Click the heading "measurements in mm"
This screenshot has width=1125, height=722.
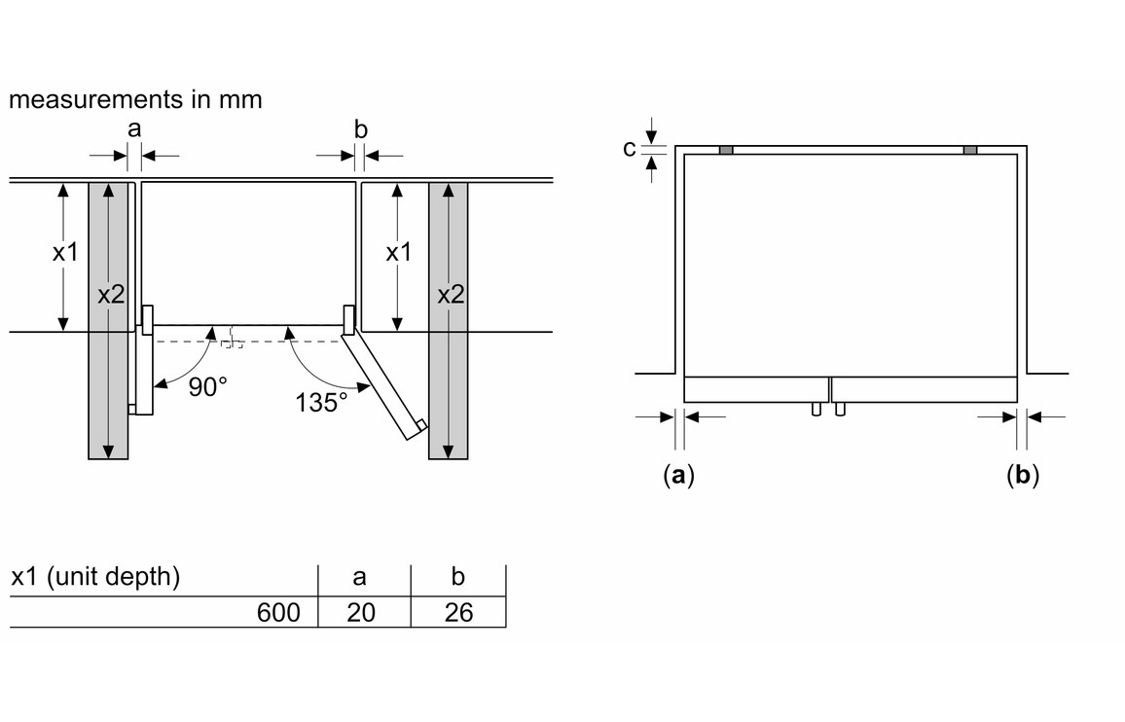[x=135, y=99]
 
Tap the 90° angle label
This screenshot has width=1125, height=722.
[x=207, y=387]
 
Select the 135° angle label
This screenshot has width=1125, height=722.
[x=320, y=402]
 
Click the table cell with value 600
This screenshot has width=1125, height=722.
[x=279, y=612]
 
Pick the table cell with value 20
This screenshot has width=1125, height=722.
[x=360, y=612]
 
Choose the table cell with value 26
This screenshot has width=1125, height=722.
[x=457, y=612]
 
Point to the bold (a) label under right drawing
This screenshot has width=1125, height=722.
[x=678, y=476]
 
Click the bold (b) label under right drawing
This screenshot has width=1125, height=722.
[x=1023, y=476]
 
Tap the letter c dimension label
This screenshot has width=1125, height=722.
[x=630, y=149]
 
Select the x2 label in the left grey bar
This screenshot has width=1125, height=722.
[x=111, y=295]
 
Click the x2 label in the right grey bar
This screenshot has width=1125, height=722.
[x=450, y=295]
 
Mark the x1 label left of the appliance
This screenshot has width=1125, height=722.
[x=65, y=253]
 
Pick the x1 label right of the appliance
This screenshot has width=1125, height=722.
[x=399, y=253]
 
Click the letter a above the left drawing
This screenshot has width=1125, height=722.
[x=134, y=127]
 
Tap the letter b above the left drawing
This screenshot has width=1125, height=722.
[x=360, y=127]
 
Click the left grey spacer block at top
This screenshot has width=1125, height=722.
[x=725, y=150]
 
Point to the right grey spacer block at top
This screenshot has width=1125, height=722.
[x=970, y=150]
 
